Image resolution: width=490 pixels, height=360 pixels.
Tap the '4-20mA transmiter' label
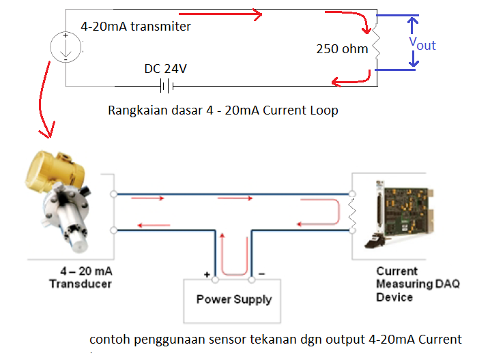tap(136, 27)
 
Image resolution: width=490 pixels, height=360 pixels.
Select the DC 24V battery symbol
tap(165, 86)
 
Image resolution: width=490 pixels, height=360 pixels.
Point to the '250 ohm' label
tap(342, 49)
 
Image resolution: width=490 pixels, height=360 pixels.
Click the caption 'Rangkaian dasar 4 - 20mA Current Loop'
tap(223, 110)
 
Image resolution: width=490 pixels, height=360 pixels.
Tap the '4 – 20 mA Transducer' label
tap(81, 277)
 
